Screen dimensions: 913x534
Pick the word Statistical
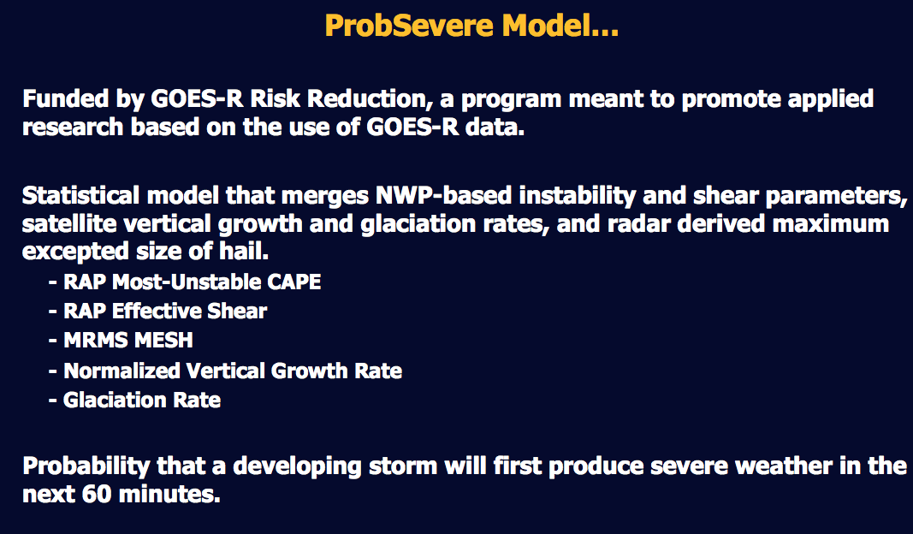point(80,195)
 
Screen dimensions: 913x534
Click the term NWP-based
point(443,195)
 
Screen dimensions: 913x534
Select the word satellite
point(68,223)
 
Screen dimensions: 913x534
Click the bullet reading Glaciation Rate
point(134,400)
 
